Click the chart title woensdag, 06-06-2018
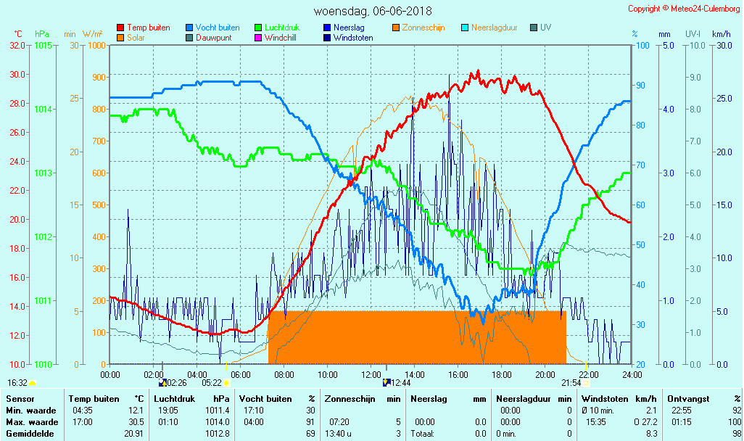pyautogui.click(x=372, y=11)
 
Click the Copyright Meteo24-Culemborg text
pyautogui.click(x=684, y=9)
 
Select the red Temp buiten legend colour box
pyautogui.click(x=120, y=28)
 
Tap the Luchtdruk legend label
pyautogui.click(x=286, y=28)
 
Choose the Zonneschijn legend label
pyautogui.click(x=423, y=28)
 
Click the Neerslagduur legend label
pyautogui.click(x=494, y=28)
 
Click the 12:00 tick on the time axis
pyautogui.click(x=371, y=374)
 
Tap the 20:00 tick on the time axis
pyautogui.click(x=545, y=374)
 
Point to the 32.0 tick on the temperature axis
pyautogui.click(x=18, y=45)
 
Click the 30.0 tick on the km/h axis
pyautogui.click(x=722, y=45)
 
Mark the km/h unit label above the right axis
pyautogui.click(x=721, y=33)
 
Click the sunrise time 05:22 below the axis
pyautogui.click(x=212, y=383)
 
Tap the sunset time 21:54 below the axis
pyautogui.click(x=571, y=383)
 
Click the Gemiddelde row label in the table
pyautogui.click(x=28, y=434)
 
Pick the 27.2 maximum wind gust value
pyautogui.click(x=648, y=422)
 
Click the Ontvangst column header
pyautogui.click(x=687, y=399)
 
